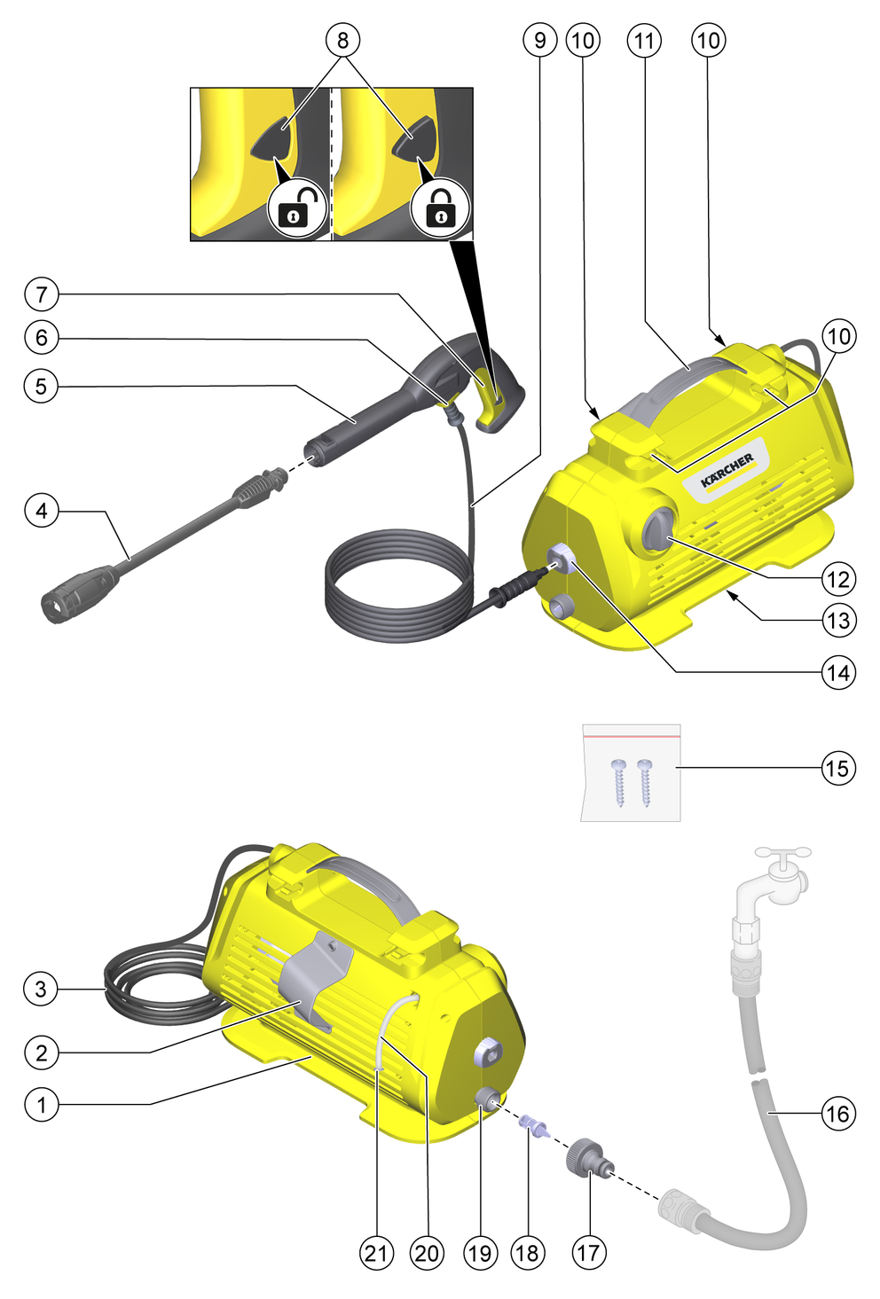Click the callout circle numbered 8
point(342,40)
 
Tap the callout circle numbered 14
point(838,673)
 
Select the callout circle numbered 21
point(376,1253)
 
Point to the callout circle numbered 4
point(41,511)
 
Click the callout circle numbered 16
point(838,1113)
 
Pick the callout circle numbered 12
point(838,579)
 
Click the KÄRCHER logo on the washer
point(727,470)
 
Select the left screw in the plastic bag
point(618,782)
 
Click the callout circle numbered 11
point(645,40)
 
